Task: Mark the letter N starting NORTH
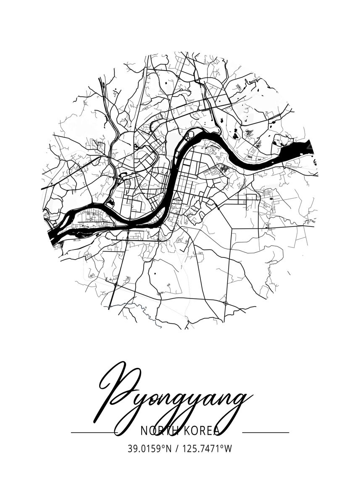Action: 144,431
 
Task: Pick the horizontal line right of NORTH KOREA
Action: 266,432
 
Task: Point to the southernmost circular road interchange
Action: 226,303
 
